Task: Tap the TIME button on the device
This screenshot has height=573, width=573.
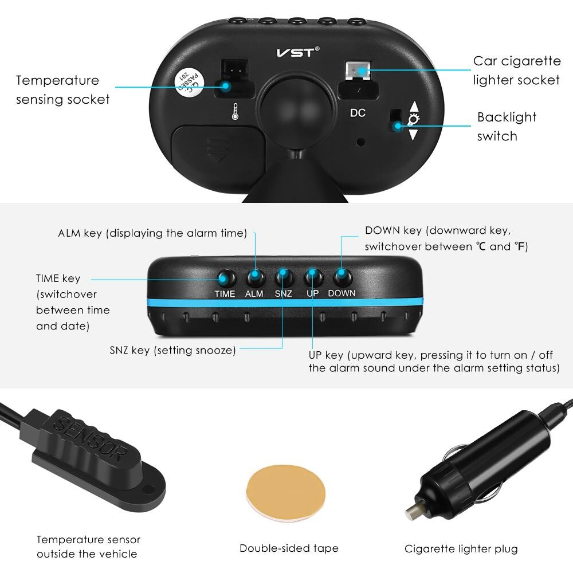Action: [x=225, y=278]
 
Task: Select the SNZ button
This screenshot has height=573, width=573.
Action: [x=283, y=277]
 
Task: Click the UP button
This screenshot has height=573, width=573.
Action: [x=313, y=277]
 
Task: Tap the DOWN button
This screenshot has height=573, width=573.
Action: [x=342, y=277]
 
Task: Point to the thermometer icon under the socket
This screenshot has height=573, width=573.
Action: [x=235, y=112]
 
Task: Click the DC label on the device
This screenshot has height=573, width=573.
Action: [x=358, y=113]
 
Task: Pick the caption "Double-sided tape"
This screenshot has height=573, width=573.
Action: [x=289, y=548]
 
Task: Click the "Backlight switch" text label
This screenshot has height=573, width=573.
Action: [x=507, y=127]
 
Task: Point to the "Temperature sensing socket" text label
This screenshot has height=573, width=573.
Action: [x=62, y=90]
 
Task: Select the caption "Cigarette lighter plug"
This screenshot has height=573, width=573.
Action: [x=461, y=549]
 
